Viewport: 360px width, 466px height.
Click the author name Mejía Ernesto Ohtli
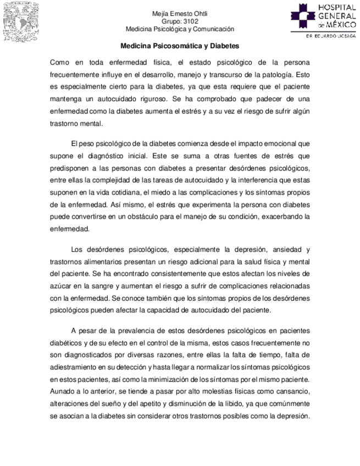click(180, 14)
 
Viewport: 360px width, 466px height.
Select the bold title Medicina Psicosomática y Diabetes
click(180, 47)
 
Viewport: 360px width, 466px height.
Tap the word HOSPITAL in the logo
click(336, 7)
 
